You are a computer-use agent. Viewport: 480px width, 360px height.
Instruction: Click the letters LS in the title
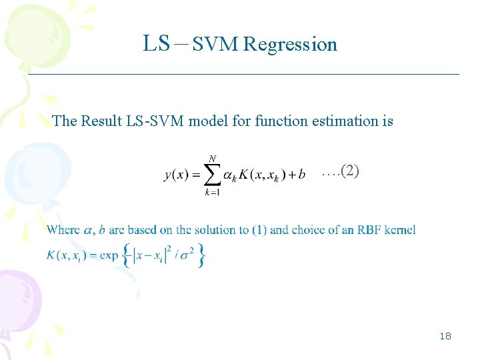157,44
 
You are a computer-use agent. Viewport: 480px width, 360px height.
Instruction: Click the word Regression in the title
290,45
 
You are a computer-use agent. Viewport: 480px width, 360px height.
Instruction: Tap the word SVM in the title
216,45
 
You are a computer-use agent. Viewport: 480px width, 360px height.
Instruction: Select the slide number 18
445,336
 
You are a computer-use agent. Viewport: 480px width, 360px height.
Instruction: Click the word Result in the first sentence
101,121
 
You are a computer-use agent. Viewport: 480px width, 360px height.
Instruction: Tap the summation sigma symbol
211,175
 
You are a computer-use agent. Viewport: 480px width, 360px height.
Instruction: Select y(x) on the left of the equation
177,175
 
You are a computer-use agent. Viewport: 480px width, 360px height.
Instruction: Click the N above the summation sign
212,158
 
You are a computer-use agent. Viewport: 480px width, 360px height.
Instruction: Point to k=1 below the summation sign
213,193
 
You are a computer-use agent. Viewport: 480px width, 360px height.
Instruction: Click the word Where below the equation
64,230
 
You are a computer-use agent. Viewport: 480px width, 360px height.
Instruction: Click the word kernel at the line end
401,230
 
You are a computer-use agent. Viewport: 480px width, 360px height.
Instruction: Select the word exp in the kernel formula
109,255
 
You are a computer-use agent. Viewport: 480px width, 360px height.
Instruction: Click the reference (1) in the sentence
259,230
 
